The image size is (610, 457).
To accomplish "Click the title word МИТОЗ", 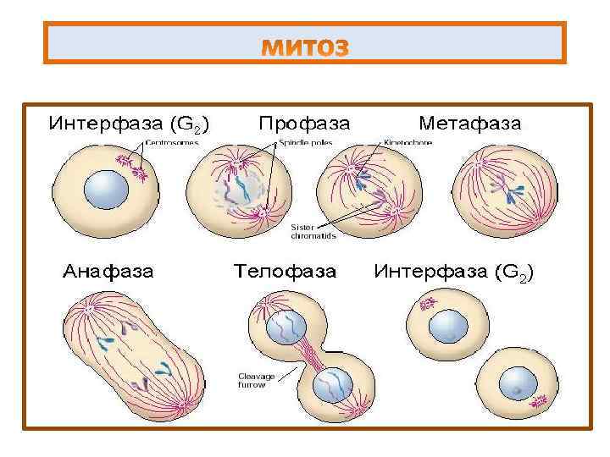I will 305,48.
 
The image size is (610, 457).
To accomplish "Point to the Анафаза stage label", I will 108,273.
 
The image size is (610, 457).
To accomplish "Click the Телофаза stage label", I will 284,273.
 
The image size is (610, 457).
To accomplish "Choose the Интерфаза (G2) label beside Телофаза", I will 453,273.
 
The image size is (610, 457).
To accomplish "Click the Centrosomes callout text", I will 172,143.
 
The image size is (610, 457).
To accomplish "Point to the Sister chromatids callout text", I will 313,232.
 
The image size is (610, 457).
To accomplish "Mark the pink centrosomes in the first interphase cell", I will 136,168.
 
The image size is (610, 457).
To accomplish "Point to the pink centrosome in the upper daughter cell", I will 429,302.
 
